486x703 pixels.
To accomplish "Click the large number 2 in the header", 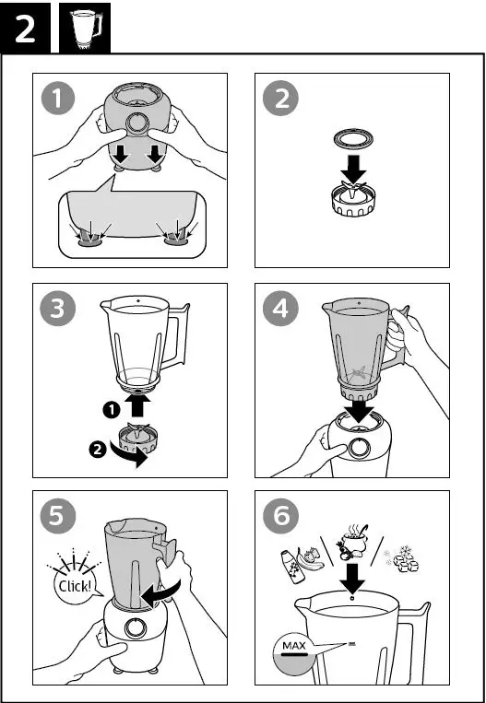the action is click(25, 29).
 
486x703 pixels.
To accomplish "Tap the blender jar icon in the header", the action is click(85, 29).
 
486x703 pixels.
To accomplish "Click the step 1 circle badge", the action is click(57, 100).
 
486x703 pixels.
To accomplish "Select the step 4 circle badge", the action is click(280, 309).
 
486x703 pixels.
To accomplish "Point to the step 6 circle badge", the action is click(280, 517).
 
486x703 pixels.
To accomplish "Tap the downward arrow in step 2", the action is click(353, 169).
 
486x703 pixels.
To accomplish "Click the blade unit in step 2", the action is click(353, 198).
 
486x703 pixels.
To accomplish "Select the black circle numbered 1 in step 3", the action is click(111, 410).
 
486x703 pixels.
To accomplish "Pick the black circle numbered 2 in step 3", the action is click(98, 450).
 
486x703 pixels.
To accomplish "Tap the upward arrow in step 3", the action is click(138, 404).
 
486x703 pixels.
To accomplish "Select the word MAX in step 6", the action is click(294, 646).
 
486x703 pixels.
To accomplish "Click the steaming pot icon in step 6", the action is click(352, 542).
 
